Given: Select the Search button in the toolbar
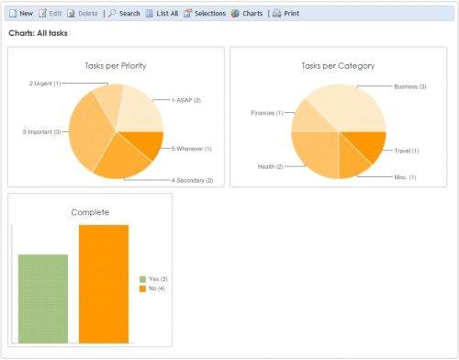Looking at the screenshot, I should pos(124,14).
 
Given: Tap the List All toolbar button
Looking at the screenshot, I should pos(161,14).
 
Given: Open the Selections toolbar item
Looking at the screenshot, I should pos(205,14).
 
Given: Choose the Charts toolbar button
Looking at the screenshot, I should pos(247,14).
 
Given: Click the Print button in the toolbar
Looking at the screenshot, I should pos(286,14).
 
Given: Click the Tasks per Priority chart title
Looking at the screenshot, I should pos(115,66).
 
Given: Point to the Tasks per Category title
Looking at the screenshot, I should pos(338,66).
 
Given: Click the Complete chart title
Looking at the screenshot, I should pos(90,212).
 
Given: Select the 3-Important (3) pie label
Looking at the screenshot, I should pos(41,132).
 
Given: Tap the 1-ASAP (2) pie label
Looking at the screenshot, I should pos(185,100).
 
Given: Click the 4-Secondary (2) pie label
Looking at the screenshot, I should pos(191,180).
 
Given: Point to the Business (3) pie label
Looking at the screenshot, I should pos(409,86).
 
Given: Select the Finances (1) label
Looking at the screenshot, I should pos(266,113).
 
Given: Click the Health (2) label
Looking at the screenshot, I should pos(270,166).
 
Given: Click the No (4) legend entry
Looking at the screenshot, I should pos(157,288).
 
